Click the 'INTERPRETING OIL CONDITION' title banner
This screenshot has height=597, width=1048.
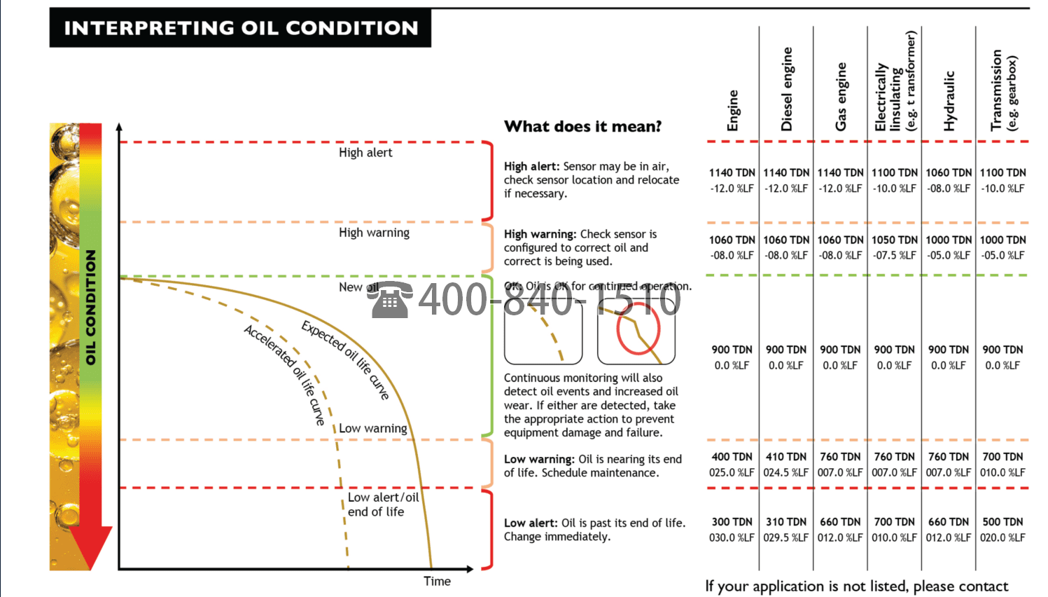(x=240, y=28)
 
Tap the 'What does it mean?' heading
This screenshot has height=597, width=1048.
(x=582, y=127)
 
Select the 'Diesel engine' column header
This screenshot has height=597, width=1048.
(x=787, y=90)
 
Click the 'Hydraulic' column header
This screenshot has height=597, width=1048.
(x=949, y=101)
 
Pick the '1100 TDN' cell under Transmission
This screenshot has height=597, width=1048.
(x=1002, y=172)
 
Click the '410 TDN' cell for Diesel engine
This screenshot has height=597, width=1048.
(x=786, y=457)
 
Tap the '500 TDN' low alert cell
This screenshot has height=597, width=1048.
(x=1002, y=522)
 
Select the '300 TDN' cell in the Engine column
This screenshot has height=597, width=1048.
(x=732, y=522)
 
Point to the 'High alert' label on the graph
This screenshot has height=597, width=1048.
(x=365, y=153)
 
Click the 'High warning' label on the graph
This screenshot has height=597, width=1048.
(x=374, y=233)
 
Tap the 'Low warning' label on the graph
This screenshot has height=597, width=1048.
(x=372, y=428)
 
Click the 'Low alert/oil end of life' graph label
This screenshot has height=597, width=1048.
(x=382, y=505)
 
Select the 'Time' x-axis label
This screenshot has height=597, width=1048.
(x=437, y=581)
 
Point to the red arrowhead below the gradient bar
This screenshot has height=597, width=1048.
(x=91, y=547)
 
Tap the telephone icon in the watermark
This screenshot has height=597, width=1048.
(x=390, y=301)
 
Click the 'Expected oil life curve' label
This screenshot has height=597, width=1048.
(x=345, y=359)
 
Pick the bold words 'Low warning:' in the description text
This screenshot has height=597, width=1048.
(x=539, y=460)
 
